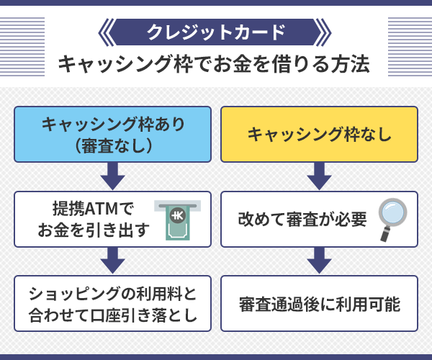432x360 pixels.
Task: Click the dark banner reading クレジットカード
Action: [x=215, y=32]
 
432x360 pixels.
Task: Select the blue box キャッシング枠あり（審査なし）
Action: [x=113, y=134]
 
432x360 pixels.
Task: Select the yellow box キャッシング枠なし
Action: [x=319, y=134]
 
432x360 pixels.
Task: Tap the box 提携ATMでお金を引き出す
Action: [x=113, y=219]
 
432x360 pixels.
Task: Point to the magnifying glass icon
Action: [x=392, y=220]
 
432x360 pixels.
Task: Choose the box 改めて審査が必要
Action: [x=319, y=219]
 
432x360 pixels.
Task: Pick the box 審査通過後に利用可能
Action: [x=319, y=303]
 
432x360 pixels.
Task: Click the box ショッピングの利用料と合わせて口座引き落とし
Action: [x=113, y=303]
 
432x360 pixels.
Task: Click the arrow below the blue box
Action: [x=113, y=176]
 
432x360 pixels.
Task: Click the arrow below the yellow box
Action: [x=319, y=176]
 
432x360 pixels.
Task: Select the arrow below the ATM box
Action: [x=113, y=260]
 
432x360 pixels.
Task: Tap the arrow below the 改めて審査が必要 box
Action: [x=319, y=260]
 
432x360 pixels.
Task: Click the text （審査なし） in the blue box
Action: [x=113, y=145]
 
